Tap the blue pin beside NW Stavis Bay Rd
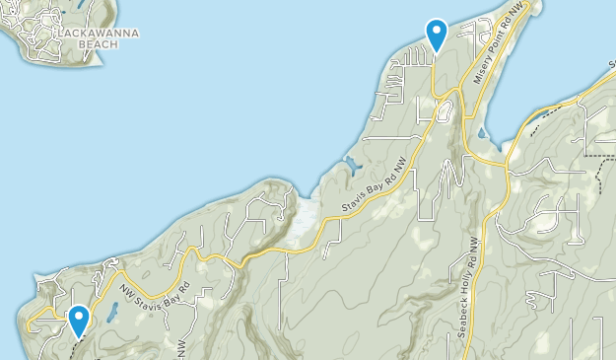coord(78,320)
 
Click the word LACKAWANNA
coord(97,33)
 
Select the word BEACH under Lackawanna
coord(97,44)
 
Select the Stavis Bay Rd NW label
coord(375,185)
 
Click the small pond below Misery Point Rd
coord(480,132)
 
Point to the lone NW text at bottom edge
coord(183,348)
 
